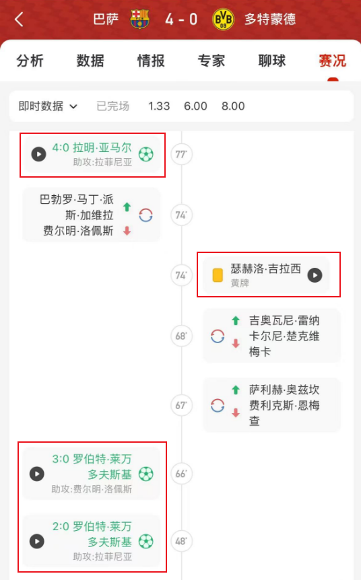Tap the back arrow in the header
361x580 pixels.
coord(19,20)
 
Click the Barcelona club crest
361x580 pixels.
coord(139,19)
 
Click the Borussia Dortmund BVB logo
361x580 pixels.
coord(223,19)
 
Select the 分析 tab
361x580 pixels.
coord(30,61)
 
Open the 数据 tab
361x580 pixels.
coord(90,61)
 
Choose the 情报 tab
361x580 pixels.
coord(151,61)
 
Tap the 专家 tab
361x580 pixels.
coord(211,61)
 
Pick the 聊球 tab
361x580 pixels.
coord(272,61)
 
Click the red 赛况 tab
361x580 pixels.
coord(333,61)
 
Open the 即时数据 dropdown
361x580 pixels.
coord(48,106)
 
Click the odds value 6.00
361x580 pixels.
coord(195,106)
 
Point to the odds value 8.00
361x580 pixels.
coord(233,106)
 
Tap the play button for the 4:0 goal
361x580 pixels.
coord(38,154)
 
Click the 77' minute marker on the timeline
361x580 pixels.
coord(181,154)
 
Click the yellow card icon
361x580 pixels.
coord(218,275)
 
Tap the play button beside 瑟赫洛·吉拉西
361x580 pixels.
coord(315,275)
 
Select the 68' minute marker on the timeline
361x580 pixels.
coord(181,336)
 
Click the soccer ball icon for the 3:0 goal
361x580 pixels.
coord(146,474)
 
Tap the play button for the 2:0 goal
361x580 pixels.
coord(36,542)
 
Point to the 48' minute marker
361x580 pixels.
coord(181,542)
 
